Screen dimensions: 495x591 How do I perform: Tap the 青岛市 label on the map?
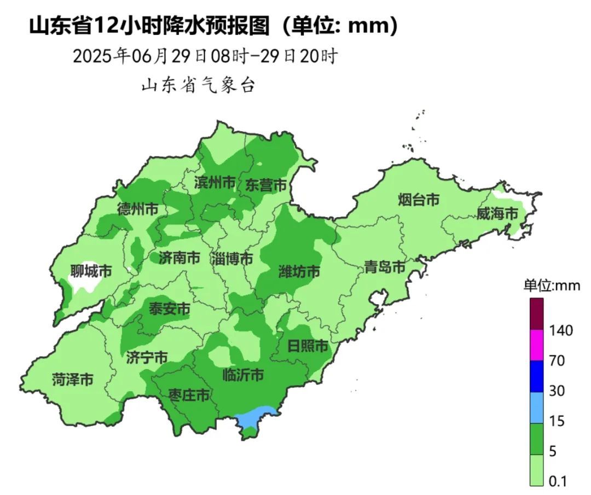coord(385,267)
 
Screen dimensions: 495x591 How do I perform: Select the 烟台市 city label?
coord(419,200)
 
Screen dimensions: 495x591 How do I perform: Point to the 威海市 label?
coord(497,213)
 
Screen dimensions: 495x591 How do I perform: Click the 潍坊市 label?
coord(299,271)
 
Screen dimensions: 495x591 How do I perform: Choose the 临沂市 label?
coord(244,375)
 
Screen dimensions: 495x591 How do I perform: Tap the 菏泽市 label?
coord(72,378)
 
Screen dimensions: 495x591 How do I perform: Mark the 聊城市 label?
coord(91,270)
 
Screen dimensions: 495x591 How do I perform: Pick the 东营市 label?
coord(265,185)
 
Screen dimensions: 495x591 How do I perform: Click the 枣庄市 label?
coord(189,395)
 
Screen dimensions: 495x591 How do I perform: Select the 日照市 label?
coord(308,346)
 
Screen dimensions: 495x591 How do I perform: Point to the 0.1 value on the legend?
coord(557,481)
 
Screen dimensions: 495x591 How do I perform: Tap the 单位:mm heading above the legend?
coord(551,286)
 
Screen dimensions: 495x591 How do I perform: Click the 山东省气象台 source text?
coord(198,86)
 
